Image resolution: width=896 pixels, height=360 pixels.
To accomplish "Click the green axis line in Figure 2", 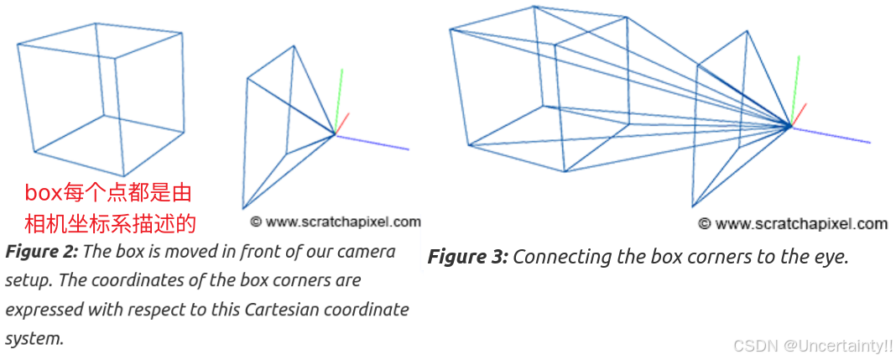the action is click(x=341, y=97).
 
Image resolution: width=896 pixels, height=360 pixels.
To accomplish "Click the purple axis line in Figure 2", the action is click(x=373, y=142).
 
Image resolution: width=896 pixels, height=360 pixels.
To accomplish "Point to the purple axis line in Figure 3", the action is click(x=831, y=135).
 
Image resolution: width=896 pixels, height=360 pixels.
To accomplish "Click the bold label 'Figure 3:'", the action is click(x=467, y=257).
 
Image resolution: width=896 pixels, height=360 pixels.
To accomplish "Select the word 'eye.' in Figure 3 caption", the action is click(x=831, y=257).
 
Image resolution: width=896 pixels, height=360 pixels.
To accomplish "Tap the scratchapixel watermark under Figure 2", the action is click(x=336, y=222).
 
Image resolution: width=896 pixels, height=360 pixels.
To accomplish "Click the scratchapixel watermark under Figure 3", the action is click(x=793, y=224).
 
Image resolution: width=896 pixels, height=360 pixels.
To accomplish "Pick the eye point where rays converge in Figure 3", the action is click(x=790, y=127).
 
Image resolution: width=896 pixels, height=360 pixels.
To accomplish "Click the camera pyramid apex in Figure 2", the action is click(x=334, y=133).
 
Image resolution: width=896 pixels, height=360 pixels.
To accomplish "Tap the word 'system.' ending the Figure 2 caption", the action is click(x=34, y=338).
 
